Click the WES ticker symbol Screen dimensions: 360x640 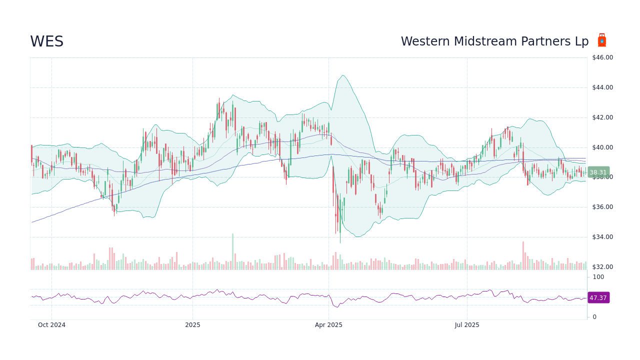point(47,42)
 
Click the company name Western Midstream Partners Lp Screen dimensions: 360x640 point(494,42)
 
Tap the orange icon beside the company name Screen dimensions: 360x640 point(602,40)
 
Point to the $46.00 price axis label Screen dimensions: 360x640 point(602,57)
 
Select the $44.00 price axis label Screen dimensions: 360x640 point(602,87)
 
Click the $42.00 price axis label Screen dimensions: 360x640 point(602,117)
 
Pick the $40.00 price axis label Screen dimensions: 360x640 point(602,147)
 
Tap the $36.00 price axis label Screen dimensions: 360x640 point(602,207)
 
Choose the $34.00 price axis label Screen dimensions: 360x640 point(602,237)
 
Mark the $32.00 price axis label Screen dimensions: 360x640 point(602,267)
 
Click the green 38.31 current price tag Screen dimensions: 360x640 point(598,172)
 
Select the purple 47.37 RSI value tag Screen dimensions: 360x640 point(598,298)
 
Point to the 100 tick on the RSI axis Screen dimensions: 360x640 point(598,277)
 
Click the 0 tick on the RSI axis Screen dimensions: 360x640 point(594,317)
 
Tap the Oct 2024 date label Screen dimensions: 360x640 point(51,325)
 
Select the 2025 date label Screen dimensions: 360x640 point(192,325)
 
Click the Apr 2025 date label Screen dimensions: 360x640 point(328,325)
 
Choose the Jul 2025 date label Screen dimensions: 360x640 point(467,325)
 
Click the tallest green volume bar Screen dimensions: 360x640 point(232,251)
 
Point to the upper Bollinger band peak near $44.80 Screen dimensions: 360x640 point(342,75)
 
